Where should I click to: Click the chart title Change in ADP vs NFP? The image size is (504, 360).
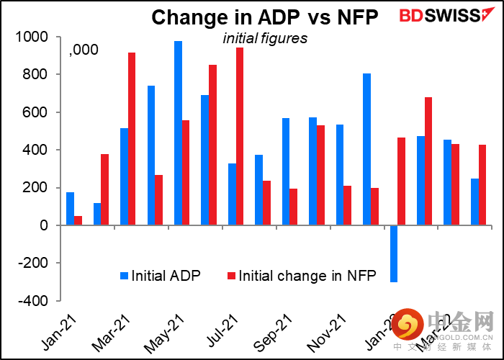point(264,17)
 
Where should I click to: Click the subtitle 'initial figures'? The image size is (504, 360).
point(264,38)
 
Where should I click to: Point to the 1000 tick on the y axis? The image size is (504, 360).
point(34,37)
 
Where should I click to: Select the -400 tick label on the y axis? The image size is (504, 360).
point(34,301)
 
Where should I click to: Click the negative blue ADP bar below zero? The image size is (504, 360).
point(394,253)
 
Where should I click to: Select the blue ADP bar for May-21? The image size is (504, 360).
point(178,133)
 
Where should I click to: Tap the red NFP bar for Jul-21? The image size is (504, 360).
point(240,137)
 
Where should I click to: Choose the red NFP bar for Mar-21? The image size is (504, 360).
point(132,139)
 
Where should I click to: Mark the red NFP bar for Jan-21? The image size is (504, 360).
point(78,220)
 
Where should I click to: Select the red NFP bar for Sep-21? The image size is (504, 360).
point(294,207)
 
